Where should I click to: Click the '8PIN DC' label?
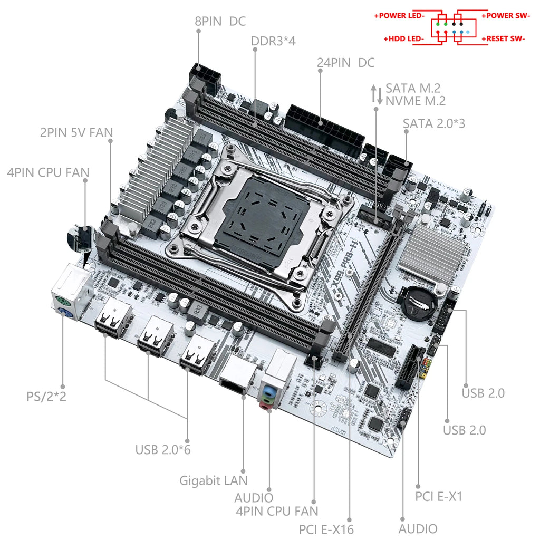220,22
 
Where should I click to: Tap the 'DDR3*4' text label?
273,41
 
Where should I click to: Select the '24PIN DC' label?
345,63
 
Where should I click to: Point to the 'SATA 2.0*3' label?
433,123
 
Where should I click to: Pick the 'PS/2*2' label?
46,396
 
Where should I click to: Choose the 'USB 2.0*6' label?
162,450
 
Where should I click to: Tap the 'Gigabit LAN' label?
213,480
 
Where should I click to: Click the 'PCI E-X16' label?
326,529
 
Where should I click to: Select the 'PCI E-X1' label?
439,496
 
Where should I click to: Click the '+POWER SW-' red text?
506,15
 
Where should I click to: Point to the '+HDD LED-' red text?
404,39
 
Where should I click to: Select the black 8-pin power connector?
206,78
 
